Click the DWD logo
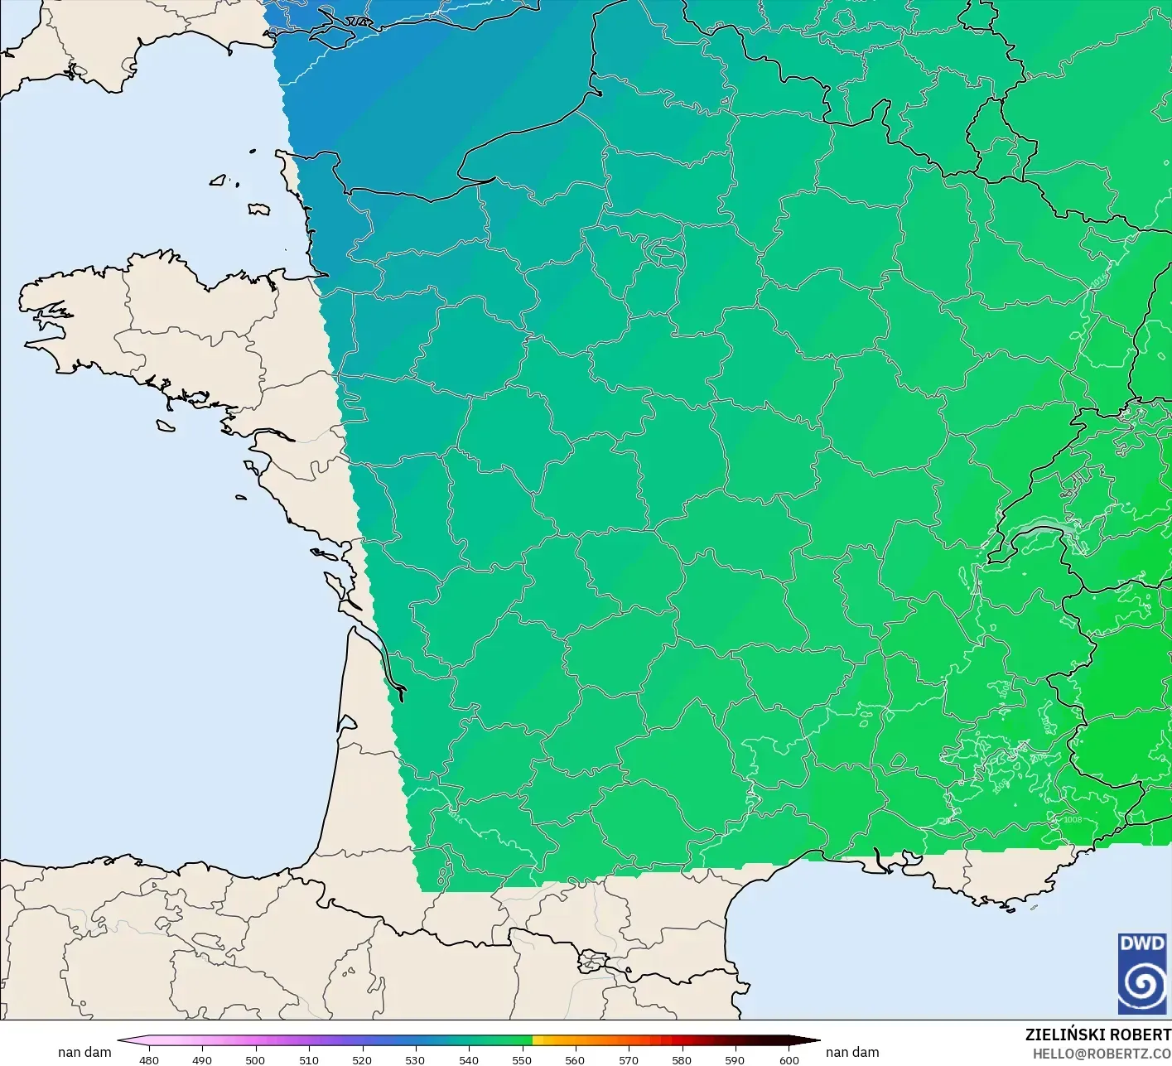coord(1142,972)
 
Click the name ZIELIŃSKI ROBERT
coord(1097,1035)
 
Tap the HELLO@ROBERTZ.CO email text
coord(1102,1053)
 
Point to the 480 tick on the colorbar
coord(149,1059)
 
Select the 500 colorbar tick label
coord(255,1059)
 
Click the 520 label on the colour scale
coord(362,1059)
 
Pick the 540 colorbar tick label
coord(469,1059)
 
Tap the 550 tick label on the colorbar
coord(522,1059)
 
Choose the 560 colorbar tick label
coord(575,1059)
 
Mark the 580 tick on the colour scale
coord(682,1059)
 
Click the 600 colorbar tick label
coord(789,1059)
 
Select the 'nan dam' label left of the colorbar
coord(84,1052)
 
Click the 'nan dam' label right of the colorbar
coord(852,1052)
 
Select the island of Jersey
coord(258,209)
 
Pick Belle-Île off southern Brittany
coord(166,425)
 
